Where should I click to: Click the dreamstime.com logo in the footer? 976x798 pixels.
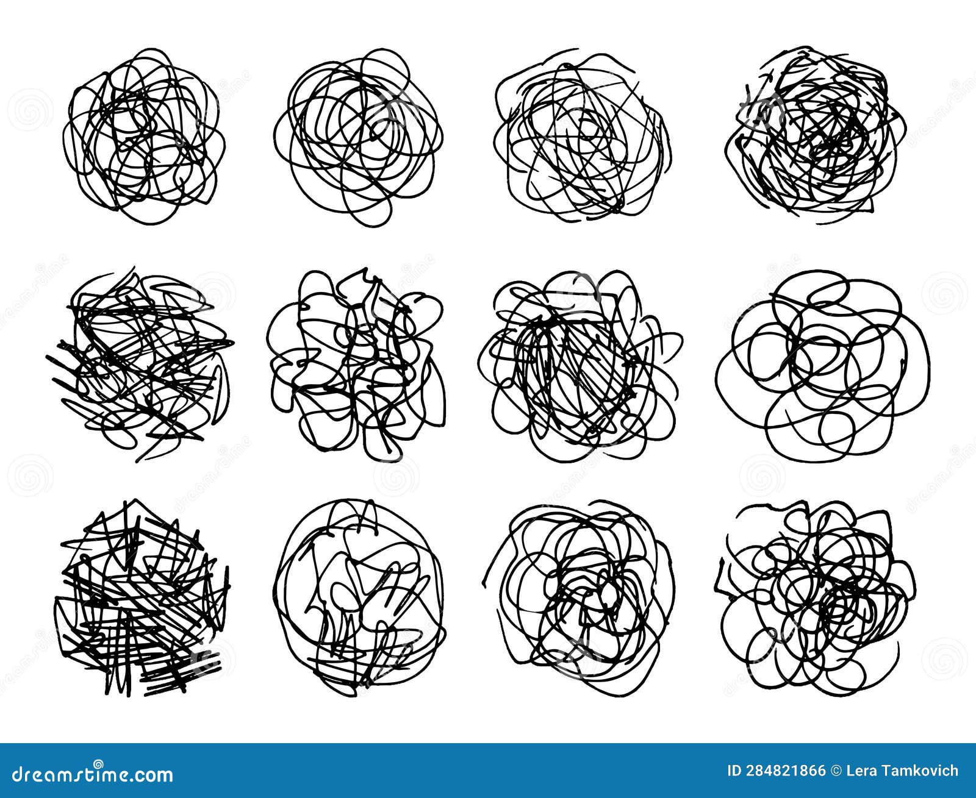click(88, 774)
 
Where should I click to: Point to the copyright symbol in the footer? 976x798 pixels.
click(837, 771)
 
